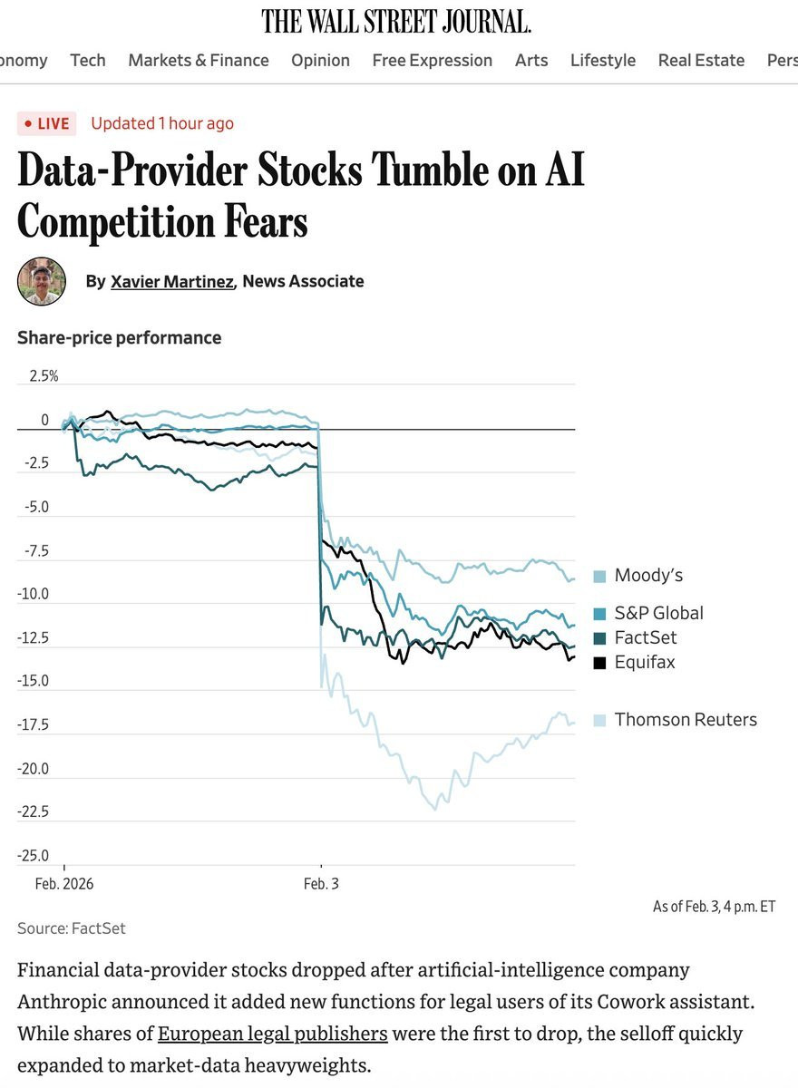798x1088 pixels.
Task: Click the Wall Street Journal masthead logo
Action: [x=396, y=20]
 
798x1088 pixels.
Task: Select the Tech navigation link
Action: [x=88, y=60]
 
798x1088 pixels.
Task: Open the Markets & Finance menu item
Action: [x=199, y=60]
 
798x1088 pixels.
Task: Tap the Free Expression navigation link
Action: [x=432, y=60]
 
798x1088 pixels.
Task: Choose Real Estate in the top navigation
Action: [x=701, y=60]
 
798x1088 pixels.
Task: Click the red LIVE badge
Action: [x=46, y=123]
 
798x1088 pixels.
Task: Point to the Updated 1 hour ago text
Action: [x=162, y=123]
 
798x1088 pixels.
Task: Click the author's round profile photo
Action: [x=42, y=281]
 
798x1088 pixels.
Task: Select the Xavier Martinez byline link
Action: [x=172, y=281]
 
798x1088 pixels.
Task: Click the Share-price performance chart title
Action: [x=119, y=337]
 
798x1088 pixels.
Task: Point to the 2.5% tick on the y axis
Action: [x=43, y=376]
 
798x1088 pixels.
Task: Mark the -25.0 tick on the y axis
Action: [x=34, y=855]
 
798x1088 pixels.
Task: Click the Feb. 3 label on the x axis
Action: [x=321, y=883]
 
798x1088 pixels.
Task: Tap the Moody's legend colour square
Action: [x=599, y=577]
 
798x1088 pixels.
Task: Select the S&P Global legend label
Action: [x=658, y=613]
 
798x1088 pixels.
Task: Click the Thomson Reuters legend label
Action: [x=685, y=720]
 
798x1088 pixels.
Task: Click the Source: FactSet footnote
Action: [x=72, y=928]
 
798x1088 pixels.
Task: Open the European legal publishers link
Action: [x=273, y=1034]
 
